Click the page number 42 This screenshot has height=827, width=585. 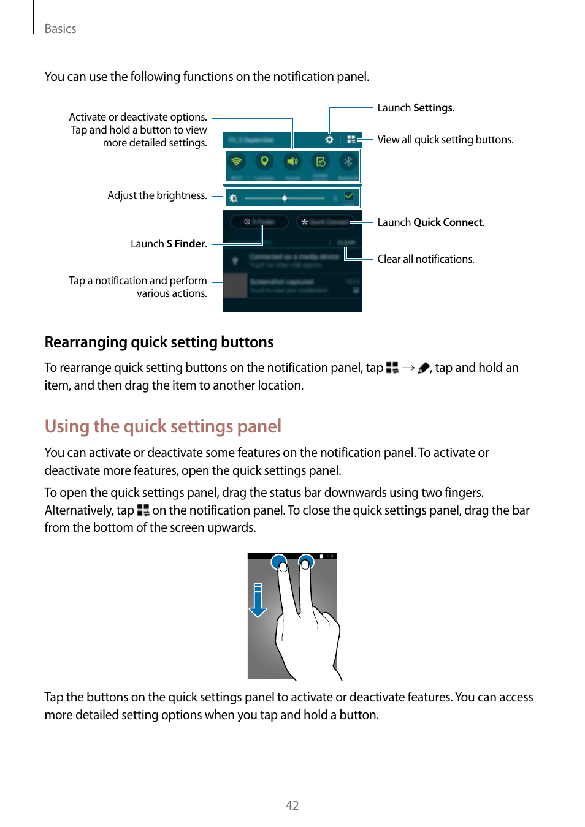point(292,805)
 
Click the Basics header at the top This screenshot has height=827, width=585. point(60,29)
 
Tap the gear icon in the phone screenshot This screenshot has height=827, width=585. point(329,140)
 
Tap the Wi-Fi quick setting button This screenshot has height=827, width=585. point(236,162)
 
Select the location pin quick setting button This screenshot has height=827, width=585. point(264,162)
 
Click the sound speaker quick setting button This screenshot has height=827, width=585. point(292,162)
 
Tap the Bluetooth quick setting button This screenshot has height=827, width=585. point(348,162)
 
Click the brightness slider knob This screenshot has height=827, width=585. point(285,198)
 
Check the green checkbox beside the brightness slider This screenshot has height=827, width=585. point(349,197)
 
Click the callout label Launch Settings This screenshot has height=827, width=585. point(415,108)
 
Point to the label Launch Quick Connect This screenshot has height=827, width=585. point(430,222)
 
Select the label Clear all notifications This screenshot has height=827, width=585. point(426,259)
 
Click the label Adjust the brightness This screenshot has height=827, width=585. point(157,195)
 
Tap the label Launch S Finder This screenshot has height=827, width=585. point(168,244)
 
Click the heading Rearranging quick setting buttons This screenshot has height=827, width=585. point(159,342)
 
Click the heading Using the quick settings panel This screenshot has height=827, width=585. point(162,426)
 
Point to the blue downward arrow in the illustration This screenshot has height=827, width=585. point(258,601)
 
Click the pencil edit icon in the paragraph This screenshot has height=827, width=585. point(424,368)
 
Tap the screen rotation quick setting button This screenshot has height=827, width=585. point(320,162)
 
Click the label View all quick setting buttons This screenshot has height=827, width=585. point(445,140)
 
